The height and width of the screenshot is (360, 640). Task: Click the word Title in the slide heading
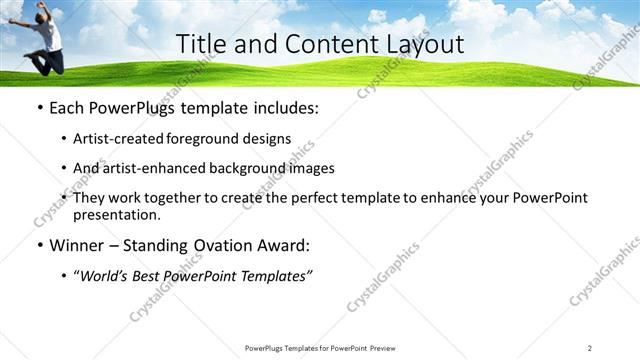200,44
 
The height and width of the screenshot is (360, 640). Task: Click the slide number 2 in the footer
590,348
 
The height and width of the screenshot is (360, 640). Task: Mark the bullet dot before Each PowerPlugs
38,108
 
